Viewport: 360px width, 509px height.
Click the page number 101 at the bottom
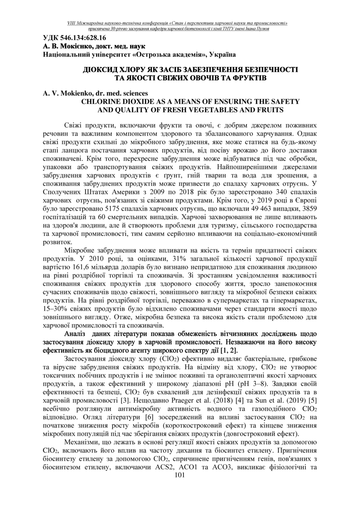point(180,475)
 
